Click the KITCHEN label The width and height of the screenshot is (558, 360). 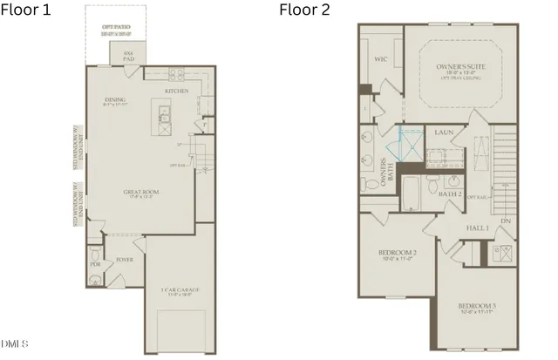(x=178, y=91)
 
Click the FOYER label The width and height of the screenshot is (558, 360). (x=125, y=259)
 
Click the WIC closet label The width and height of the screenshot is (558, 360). (x=380, y=60)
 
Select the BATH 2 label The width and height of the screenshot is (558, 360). (x=450, y=194)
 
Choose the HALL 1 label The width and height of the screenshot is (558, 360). (x=476, y=227)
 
